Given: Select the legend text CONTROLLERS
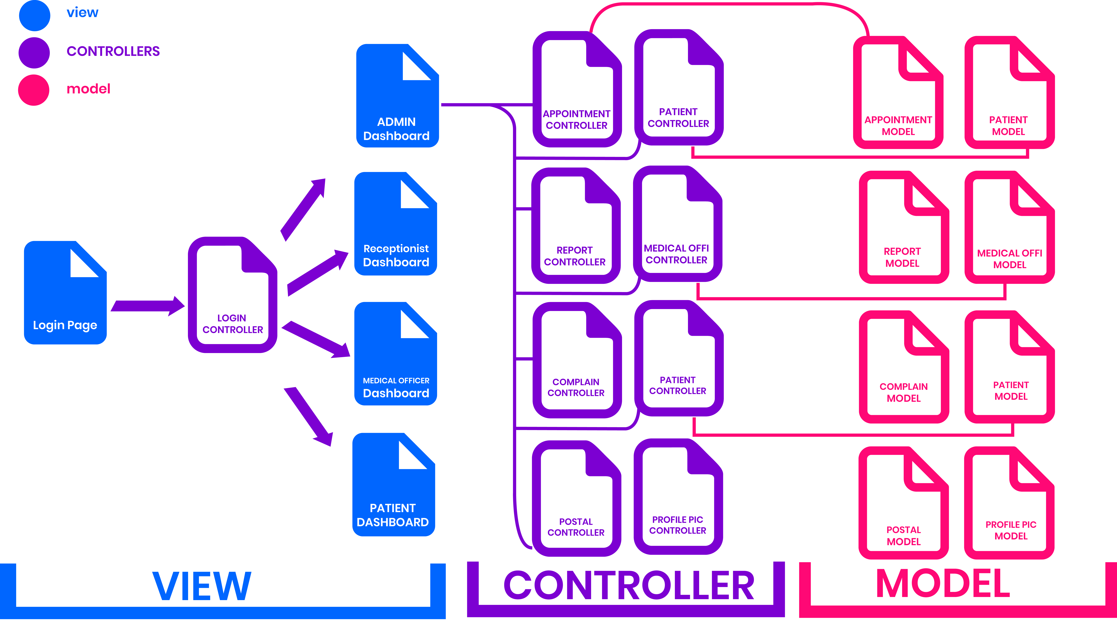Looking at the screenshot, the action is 113,51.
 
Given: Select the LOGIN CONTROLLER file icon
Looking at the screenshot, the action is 232,295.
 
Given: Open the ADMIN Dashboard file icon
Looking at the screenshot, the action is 397,95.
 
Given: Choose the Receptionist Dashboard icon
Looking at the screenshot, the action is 395,223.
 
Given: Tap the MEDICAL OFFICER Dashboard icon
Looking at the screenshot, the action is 395,354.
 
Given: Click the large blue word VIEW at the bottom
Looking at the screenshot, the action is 202,586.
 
